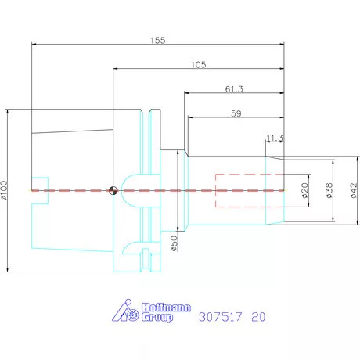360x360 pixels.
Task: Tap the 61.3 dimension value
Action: pyautogui.click(x=233, y=89)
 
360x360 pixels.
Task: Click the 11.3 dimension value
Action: pyautogui.click(x=273, y=139)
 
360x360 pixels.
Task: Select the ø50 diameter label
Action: pyautogui.click(x=174, y=243)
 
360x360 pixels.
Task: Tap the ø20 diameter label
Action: pyautogui.click(x=304, y=190)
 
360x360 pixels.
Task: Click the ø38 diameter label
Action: pyautogui.click(x=329, y=190)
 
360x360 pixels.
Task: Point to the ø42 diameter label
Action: pyautogui.click(x=354, y=190)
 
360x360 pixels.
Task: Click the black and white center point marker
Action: pyautogui.click(x=113, y=190)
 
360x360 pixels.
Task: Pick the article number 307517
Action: pyautogui.click(x=222, y=317)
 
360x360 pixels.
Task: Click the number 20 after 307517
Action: pyautogui.click(x=259, y=317)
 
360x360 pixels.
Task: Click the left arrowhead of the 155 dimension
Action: pyautogui.click(x=34, y=45)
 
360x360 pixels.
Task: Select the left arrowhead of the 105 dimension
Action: pyautogui.click(x=116, y=69)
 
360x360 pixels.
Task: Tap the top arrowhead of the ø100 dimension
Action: pyautogui.click(x=7, y=111)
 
